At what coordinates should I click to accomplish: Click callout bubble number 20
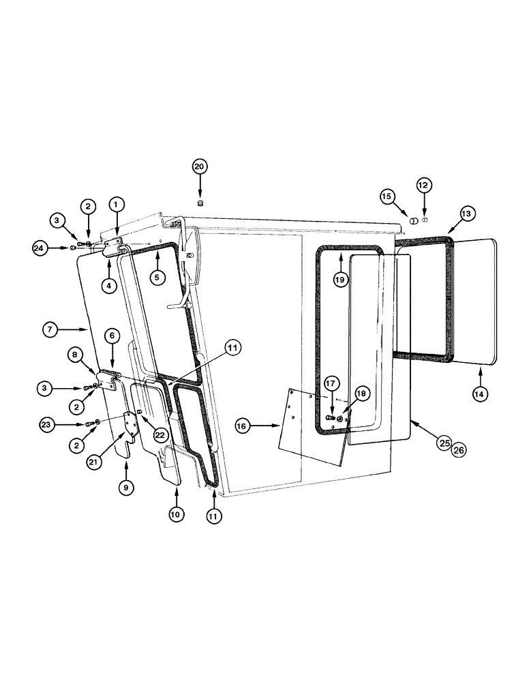(200, 166)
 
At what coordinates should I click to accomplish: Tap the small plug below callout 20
(200, 203)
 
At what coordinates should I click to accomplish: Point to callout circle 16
(242, 426)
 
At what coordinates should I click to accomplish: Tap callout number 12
(424, 185)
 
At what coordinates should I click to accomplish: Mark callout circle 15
(387, 197)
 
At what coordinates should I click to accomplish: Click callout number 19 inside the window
(340, 279)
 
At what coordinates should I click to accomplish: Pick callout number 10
(176, 515)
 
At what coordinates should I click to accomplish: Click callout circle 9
(126, 488)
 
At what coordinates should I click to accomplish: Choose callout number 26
(459, 450)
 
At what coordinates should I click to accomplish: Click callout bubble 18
(361, 394)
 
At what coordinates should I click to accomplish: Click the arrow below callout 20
(200, 188)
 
